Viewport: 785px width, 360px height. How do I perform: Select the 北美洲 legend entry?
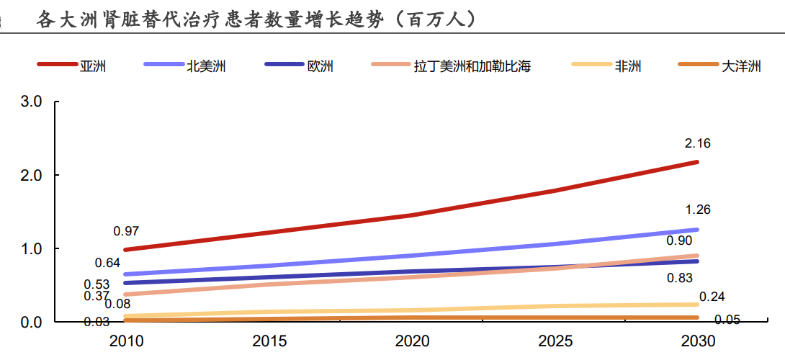[x=185, y=66]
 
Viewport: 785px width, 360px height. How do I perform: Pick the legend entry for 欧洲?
[x=299, y=66]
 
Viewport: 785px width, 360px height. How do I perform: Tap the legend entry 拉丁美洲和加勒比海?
[x=451, y=66]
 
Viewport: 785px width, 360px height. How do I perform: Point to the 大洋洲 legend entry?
[x=719, y=66]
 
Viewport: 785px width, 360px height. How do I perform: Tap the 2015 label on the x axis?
[x=269, y=341]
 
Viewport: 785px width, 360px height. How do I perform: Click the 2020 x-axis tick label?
[x=412, y=341]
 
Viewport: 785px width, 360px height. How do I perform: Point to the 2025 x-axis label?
[x=555, y=341]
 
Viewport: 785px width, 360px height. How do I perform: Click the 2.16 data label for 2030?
[x=698, y=144]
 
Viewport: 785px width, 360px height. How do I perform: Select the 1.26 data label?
[x=698, y=210]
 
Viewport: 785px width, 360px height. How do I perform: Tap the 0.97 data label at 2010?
[x=126, y=231]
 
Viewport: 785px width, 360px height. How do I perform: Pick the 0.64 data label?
[x=107, y=262]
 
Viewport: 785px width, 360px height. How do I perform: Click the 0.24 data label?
[x=712, y=297]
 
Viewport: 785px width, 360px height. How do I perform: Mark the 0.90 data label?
[x=679, y=240]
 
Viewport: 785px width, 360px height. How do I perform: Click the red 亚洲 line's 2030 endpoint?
[x=697, y=162]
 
